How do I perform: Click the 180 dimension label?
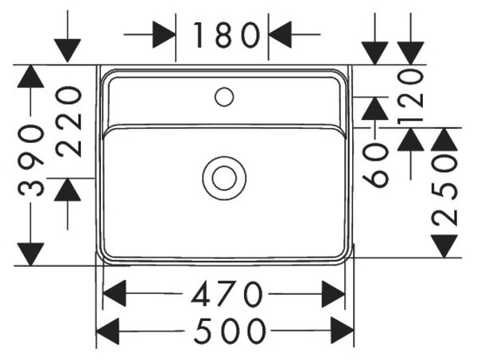point(227,35)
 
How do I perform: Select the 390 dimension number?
point(31,160)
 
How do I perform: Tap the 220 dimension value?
point(68,122)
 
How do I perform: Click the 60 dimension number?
point(375,165)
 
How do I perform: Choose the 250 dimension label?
point(444,190)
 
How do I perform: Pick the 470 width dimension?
point(227,294)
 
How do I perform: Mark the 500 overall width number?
point(230,331)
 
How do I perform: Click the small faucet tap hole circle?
point(224,97)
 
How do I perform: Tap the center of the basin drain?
point(224,178)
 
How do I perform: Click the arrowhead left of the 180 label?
point(164,34)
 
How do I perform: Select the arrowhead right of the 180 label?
point(280,34)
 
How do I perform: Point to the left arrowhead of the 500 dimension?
point(107,331)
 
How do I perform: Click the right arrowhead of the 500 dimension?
point(343,331)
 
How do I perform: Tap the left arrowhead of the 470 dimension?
point(114,294)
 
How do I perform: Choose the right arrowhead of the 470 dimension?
point(333,294)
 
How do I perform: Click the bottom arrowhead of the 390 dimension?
point(31,254)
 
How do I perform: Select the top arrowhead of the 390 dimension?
point(31,76)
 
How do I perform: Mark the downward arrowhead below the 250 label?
point(444,246)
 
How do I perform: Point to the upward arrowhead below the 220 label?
point(68,189)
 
